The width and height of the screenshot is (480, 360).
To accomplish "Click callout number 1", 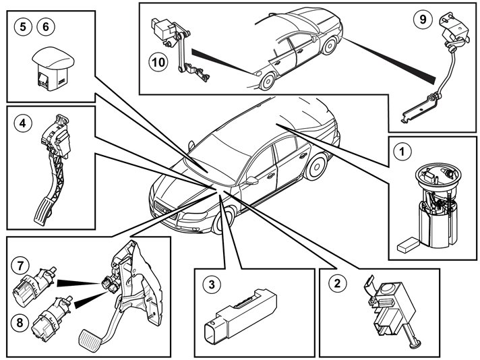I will (402, 152).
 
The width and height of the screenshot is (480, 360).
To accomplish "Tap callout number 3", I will (211, 284).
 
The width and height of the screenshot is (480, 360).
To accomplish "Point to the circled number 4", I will (23, 123).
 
